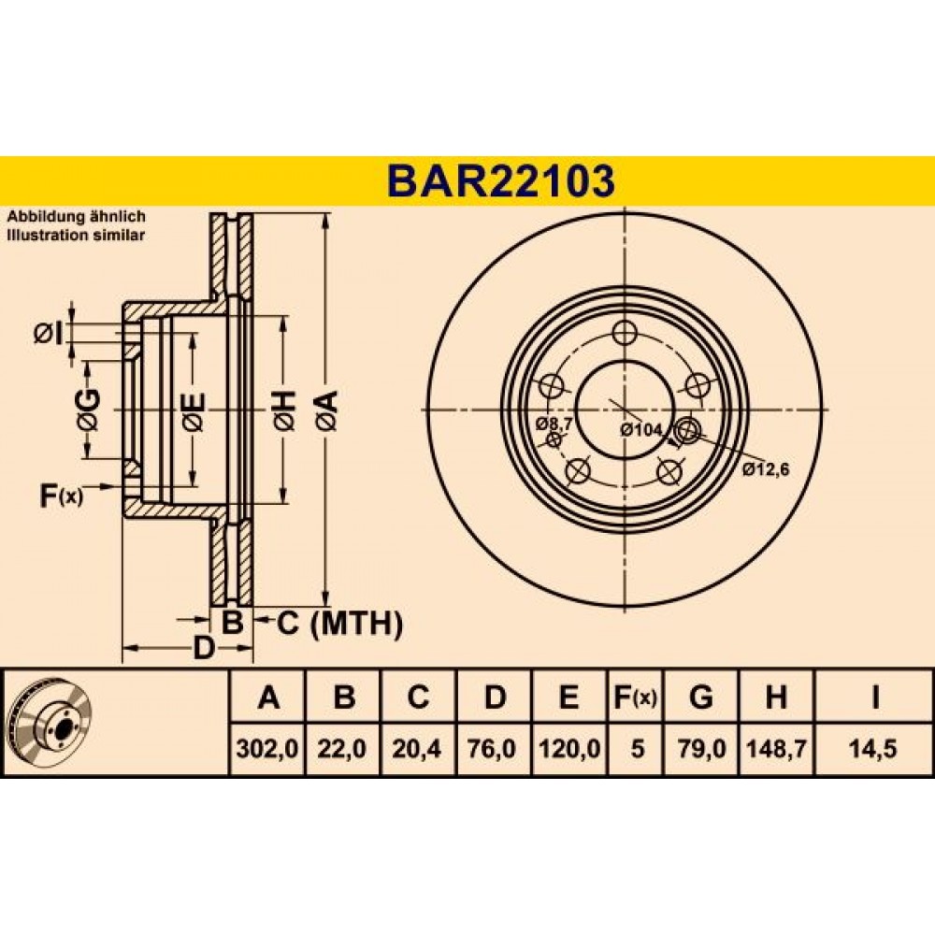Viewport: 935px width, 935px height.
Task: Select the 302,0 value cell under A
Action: click(x=267, y=748)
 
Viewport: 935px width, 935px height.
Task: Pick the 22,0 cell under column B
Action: click(x=342, y=748)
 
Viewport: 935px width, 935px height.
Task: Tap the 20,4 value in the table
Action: click(x=417, y=748)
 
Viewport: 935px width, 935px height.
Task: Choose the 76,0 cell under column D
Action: click(x=493, y=748)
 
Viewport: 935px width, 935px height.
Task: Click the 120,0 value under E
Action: click(x=568, y=748)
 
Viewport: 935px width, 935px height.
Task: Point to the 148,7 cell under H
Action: click(x=776, y=748)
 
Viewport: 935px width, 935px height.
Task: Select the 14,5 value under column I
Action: click(x=874, y=748)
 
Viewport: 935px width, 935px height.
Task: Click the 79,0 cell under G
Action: click(x=701, y=748)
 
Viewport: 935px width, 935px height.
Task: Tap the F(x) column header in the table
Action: click(x=635, y=696)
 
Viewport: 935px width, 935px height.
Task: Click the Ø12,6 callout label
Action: click(x=767, y=470)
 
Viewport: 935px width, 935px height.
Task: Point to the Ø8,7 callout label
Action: click(x=554, y=424)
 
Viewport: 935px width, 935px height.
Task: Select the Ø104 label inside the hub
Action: click(x=641, y=429)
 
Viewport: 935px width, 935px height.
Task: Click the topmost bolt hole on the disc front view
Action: click(x=625, y=333)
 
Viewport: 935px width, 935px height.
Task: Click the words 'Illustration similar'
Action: click(x=76, y=235)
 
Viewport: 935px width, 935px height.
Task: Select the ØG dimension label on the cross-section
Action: click(x=89, y=410)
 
